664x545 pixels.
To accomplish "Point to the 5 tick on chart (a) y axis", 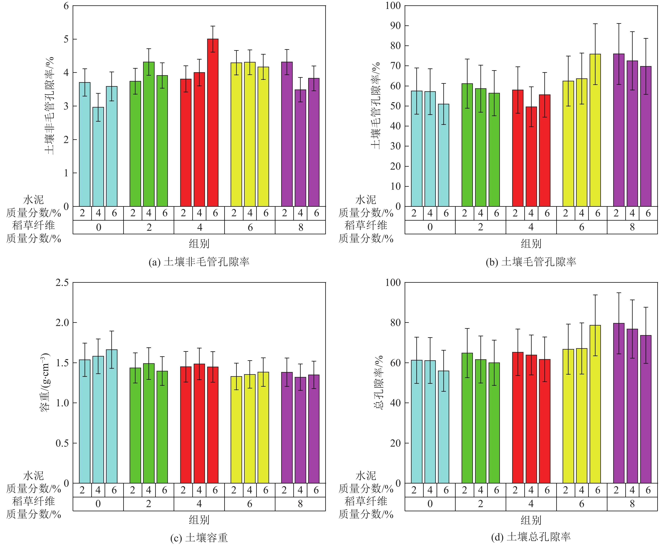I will pos(66,39).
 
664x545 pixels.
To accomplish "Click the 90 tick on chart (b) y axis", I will pos(395,26).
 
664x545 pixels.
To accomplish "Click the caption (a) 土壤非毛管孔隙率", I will pos(199,262).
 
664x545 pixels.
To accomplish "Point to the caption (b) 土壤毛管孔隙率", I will pos(531,262).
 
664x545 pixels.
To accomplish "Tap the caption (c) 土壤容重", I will pos(199,538).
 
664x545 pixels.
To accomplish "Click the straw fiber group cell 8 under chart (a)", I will pos(300,227).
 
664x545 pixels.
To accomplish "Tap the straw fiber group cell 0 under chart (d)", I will pos(430,504).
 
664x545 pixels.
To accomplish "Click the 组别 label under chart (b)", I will pos(531,244).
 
